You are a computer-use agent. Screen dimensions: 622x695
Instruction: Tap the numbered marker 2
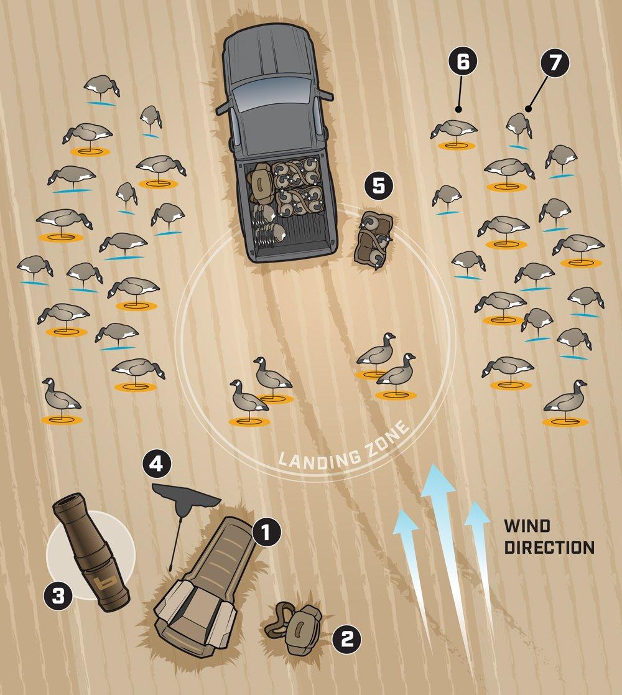coord(346,639)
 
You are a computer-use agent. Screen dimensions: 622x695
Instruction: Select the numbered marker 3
coord(58,596)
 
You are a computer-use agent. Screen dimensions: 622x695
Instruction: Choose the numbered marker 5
coord(379,186)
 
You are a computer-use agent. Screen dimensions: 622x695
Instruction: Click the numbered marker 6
coord(463,62)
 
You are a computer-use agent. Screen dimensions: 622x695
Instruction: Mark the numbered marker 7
coord(555,63)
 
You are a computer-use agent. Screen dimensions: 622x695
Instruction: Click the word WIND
coord(527,526)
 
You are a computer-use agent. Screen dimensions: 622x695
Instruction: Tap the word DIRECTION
coord(549,547)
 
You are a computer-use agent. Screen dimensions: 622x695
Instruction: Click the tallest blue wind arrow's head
coord(438,478)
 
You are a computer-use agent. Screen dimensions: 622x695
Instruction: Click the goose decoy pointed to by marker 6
coord(454,130)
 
